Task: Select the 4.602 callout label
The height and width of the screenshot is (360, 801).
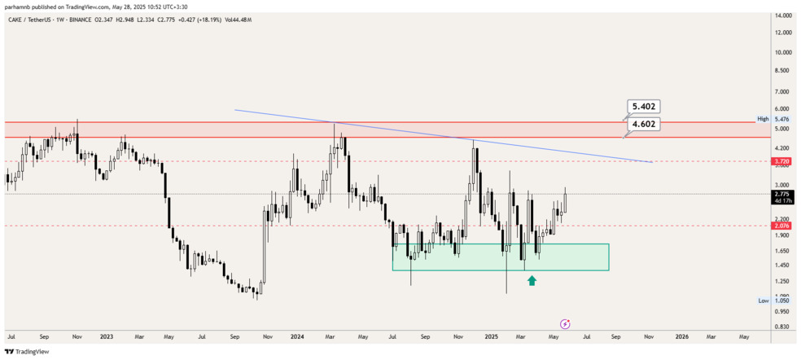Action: (x=644, y=124)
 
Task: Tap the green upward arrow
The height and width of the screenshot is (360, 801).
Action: (x=532, y=280)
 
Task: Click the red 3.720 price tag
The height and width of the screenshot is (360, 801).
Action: (x=782, y=161)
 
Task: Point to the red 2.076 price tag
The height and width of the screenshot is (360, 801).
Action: (x=782, y=226)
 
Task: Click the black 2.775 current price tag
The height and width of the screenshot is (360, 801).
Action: (x=782, y=195)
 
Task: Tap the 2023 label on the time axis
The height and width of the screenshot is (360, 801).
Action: (x=107, y=336)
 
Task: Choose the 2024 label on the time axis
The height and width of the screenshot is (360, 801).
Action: (x=299, y=336)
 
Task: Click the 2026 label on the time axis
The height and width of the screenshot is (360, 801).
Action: (x=681, y=336)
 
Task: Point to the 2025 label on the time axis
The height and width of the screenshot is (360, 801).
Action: (x=490, y=336)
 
